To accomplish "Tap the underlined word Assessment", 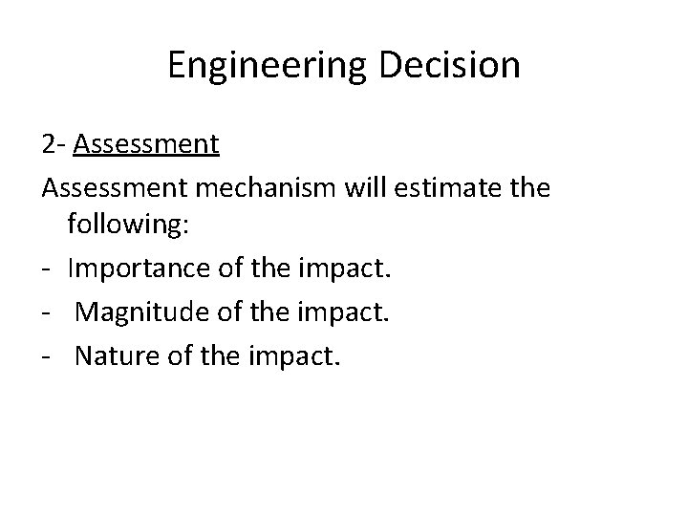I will point(146,144).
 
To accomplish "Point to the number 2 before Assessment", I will point(49,144).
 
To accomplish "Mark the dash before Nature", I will point(48,356).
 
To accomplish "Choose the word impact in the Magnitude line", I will point(352,312).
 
